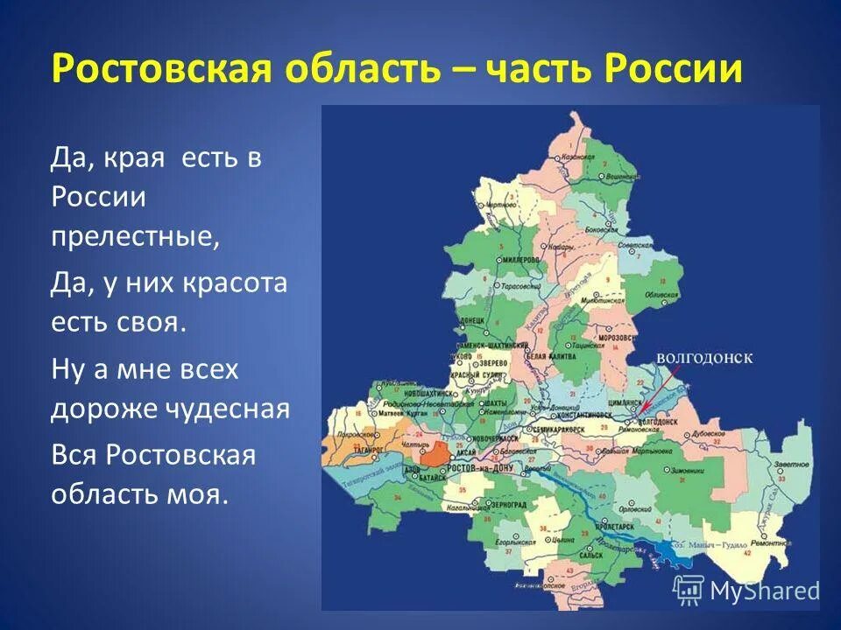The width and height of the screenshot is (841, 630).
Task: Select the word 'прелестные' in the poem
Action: click(134, 236)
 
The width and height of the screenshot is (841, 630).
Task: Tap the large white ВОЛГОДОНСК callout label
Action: click(704, 358)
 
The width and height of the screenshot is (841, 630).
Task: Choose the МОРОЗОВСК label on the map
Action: click(615, 338)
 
